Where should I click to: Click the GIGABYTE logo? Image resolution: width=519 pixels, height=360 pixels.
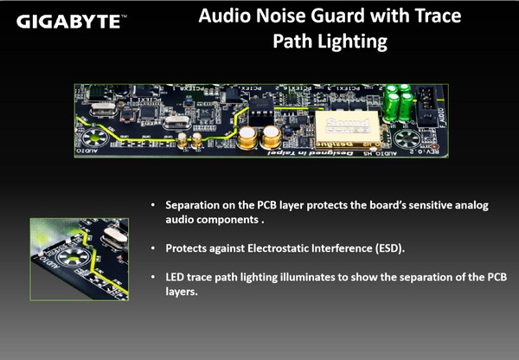72,22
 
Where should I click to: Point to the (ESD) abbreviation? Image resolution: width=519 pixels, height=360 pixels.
390,248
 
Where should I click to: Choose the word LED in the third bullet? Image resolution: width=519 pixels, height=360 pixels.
175,277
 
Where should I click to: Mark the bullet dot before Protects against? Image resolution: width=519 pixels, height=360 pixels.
152,248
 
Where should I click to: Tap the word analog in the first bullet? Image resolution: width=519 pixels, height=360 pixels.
471,206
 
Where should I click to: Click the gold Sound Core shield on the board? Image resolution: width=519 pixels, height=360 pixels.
347,130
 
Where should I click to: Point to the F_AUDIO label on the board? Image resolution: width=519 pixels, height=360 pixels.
441,119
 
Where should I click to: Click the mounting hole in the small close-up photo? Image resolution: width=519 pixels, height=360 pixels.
74,257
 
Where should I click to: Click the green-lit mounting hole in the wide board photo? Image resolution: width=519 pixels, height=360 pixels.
94,137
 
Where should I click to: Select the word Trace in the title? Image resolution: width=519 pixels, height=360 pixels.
438,16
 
